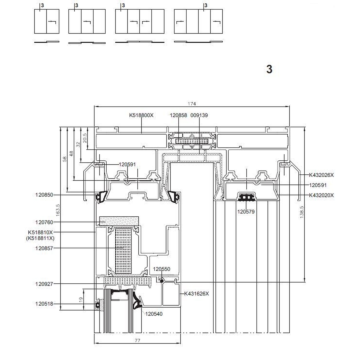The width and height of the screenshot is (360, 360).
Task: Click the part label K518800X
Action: pyautogui.click(x=141, y=115)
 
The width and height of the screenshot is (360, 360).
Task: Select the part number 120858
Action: pyautogui.click(x=178, y=115)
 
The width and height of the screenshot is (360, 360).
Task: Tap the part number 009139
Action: pyautogui.click(x=199, y=115)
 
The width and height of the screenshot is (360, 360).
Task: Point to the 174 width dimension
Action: pyautogui.click(x=192, y=104)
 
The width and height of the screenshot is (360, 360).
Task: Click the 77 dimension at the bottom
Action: pyautogui.click(x=137, y=340)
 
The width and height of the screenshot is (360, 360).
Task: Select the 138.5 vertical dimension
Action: pyautogui.click(x=302, y=212)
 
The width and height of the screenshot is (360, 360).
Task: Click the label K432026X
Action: pyautogui.click(x=321, y=175)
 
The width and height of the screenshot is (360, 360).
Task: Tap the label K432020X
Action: pyautogui.click(x=321, y=195)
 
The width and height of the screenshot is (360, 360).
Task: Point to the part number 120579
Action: pyautogui.click(x=246, y=211)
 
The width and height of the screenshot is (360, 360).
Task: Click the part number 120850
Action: pyautogui.click(x=44, y=195)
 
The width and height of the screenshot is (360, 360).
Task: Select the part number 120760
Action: pyautogui.click(x=44, y=222)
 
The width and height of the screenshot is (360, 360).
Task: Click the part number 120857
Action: pyautogui.click(x=44, y=248)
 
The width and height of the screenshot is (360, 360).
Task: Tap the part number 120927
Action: pyautogui.click(x=44, y=284)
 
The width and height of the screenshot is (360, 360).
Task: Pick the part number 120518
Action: pyautogui.click(x=44, y=304)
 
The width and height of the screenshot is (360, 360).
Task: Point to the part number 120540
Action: pyautogui.click(x=154, y=314)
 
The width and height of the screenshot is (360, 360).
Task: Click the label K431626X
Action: pyautogui.click(x=197, y=294)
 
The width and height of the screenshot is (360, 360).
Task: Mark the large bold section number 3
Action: pyautogui.click(x=269, y=69)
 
